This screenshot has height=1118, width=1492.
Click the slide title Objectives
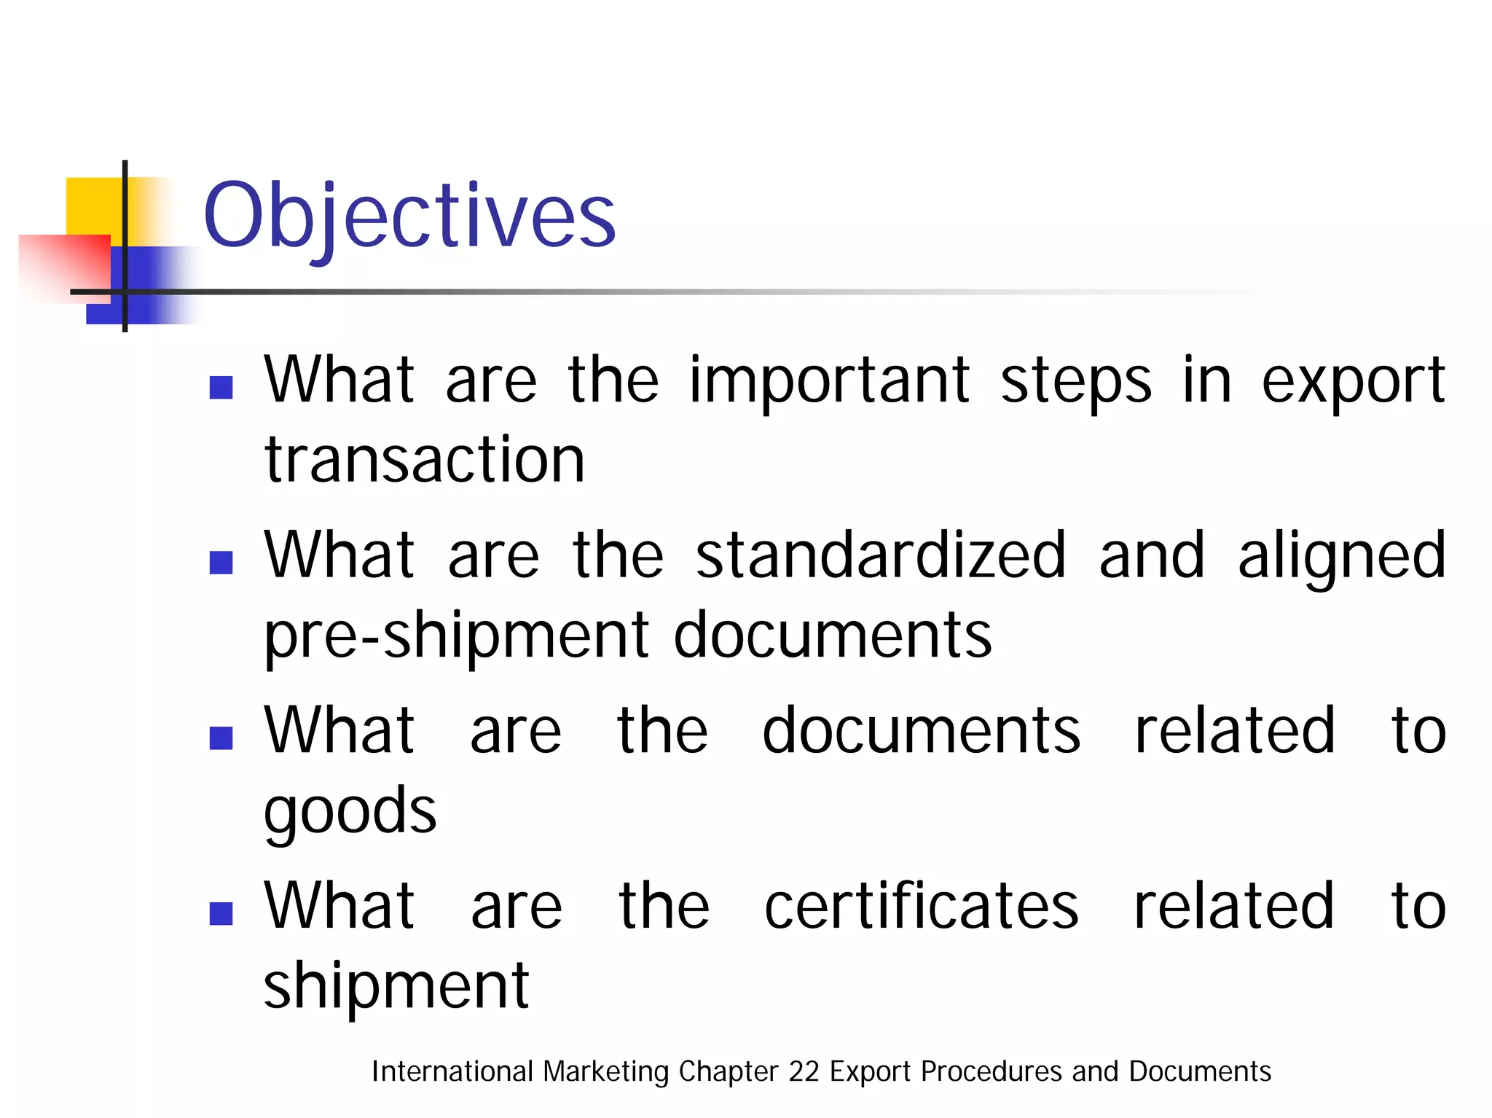tap(409, 216)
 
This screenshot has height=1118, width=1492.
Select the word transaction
tap(425, 461)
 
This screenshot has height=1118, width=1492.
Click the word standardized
tap(881, 555)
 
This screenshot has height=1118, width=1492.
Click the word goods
tap(350, 812)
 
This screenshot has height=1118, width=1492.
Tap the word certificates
tap(921, 906)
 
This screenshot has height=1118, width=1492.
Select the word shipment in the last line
tap(396, 986)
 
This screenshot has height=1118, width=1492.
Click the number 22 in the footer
tap(804, 1071)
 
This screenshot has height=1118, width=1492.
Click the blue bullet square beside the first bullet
tap(221, 387)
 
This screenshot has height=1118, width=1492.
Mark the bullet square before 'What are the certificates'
tap(221, 913)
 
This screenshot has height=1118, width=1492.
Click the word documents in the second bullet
tap(832, 636)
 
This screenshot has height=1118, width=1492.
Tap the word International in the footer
tap(452, 1071)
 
